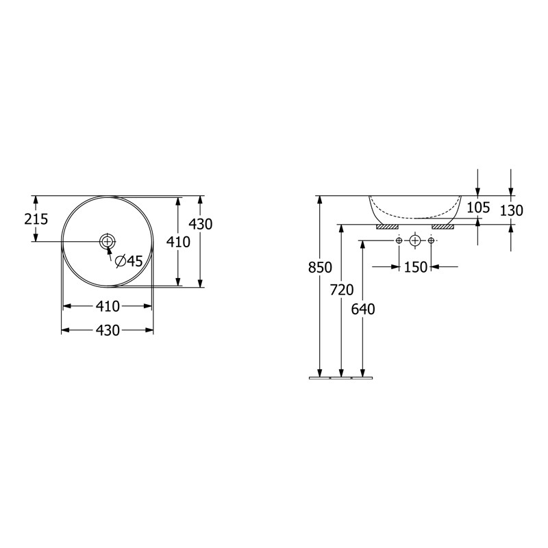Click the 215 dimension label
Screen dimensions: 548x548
(36, 219)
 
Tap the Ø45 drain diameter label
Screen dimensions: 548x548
(129, 261)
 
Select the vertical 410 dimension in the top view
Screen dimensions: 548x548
(178, 242)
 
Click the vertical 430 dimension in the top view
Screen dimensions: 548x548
(201, 224)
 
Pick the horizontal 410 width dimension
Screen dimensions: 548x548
(108, 306)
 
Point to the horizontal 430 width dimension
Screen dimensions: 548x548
(108, 330)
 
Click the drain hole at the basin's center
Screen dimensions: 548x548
(108, 241)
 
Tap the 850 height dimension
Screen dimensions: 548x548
(320, 267)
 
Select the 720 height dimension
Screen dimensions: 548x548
(342, 290)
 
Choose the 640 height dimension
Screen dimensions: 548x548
(363, 309)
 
